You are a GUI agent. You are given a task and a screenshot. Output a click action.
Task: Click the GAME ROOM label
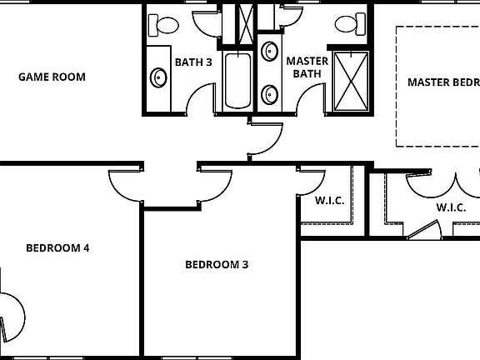click(x=52, y=77)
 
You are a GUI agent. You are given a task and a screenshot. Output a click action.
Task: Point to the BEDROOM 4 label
click(x=57, y=247)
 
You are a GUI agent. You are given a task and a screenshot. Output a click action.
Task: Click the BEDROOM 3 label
click(x=217, y=265)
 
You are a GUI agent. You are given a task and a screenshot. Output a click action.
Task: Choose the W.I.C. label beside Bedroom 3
click(x=330, y=201)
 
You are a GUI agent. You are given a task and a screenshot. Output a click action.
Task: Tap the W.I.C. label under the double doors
click(x=451, y=207)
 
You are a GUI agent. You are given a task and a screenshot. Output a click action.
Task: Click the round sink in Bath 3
click(x=158, y=78)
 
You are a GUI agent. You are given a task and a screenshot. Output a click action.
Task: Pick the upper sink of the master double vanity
click(x=270, y=52)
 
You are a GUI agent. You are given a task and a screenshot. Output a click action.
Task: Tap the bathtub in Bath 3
click(x=237, y=81)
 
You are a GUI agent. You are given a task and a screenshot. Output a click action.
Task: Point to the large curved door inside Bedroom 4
click(x=11, y=312)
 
